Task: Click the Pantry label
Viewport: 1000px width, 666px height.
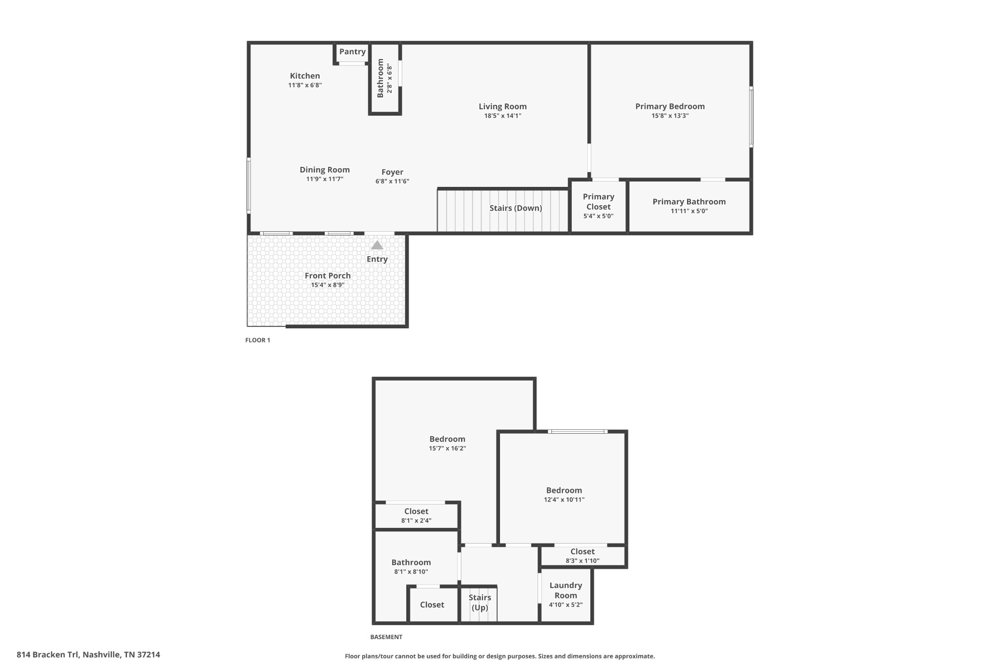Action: pyautogui.click(x=352, y=52)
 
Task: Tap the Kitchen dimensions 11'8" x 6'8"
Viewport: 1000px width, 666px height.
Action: pyautogui.click(x=305, y=85)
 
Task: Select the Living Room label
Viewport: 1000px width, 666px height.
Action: pyautogui.click(x=502, y=106)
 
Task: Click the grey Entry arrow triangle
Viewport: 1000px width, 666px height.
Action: pyautogui.click(x=377, y=245)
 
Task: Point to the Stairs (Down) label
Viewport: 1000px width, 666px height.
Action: pyautogui.click(x=516, y=208)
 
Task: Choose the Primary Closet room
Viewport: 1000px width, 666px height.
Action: pyautogui.click(x=598, y=205)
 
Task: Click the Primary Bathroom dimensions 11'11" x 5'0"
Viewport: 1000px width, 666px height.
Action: pyautogui.click(x=689, y=211)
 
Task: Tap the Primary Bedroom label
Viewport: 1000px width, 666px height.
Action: pyautogui.click(x=669, y=106)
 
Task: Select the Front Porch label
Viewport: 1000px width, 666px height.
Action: pyautogui.click(x=328, y=276)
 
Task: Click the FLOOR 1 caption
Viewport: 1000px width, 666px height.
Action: pyautogui.click(x=257, y=340)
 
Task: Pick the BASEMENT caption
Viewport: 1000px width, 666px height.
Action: pyautogui.click(x=386, y=637)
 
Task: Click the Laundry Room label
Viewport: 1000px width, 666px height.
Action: pyautogui.click(x=565, y=590)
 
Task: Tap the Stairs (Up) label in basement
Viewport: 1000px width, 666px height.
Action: pyautogui.click(x=479, y=602)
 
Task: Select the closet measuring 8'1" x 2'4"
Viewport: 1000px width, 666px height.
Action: pyautogui.click(x=416, y=516)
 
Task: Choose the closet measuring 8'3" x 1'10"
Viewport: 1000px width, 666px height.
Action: pyautogui.click(x=582, y=556)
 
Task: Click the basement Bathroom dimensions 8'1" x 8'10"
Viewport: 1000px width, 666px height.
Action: pyautogui.click(x=411, y=572)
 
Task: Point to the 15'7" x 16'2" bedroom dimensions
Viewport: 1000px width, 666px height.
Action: pyautogui.click(x=447, y=448)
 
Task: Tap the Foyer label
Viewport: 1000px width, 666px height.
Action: pyautogui.click(x=392, y=172)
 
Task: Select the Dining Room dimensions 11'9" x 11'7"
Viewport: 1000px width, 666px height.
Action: pyautogui.click(x=325, y=180)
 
